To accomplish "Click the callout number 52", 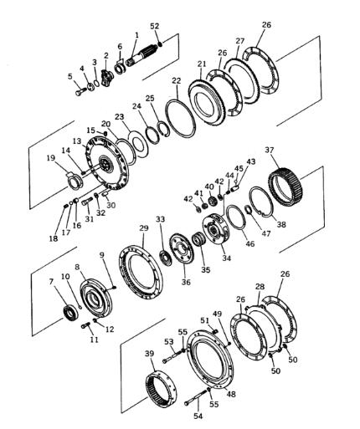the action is point(155,26).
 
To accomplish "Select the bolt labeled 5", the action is point(81,91).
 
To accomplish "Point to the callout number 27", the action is point(239,41).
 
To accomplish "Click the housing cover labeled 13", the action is point(106,163).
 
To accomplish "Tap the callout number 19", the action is point(51,158).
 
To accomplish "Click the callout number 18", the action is point(54,238).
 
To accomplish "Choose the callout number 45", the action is point(239,169).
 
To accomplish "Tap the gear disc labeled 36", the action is point(182,248).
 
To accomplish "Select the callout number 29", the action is point(144,228).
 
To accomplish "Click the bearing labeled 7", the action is point(71,313).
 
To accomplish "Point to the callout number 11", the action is point(95,340).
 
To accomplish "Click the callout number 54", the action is point(198,416).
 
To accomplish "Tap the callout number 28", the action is point(260,287).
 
